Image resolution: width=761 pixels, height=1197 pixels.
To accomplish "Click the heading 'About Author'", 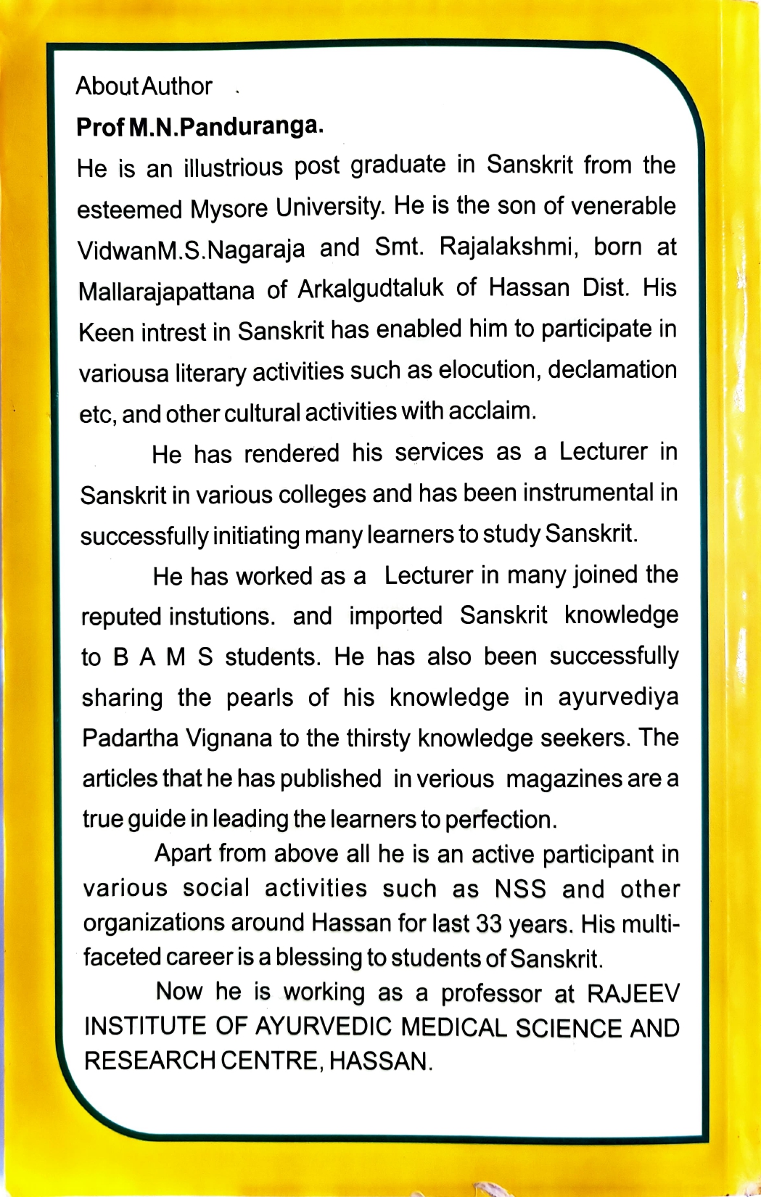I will [144, 86].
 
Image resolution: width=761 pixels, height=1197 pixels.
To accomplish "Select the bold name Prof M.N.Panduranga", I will [199, 128].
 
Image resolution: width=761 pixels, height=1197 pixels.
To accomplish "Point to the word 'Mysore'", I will [229, 210].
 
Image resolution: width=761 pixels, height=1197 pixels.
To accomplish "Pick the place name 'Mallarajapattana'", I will [166, 292].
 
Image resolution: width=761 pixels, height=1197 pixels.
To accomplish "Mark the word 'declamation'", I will [612, 369].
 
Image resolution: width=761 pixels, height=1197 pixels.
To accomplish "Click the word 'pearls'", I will [259, 697].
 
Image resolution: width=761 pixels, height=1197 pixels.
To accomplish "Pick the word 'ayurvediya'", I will [618, 697].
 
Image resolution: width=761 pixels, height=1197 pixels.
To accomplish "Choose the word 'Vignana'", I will [229, 739].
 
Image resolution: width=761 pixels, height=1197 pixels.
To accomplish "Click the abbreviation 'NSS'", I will [520, 889].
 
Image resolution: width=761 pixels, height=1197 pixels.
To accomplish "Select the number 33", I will [490, 924].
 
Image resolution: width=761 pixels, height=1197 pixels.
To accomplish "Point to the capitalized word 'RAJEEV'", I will [633, 993].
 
